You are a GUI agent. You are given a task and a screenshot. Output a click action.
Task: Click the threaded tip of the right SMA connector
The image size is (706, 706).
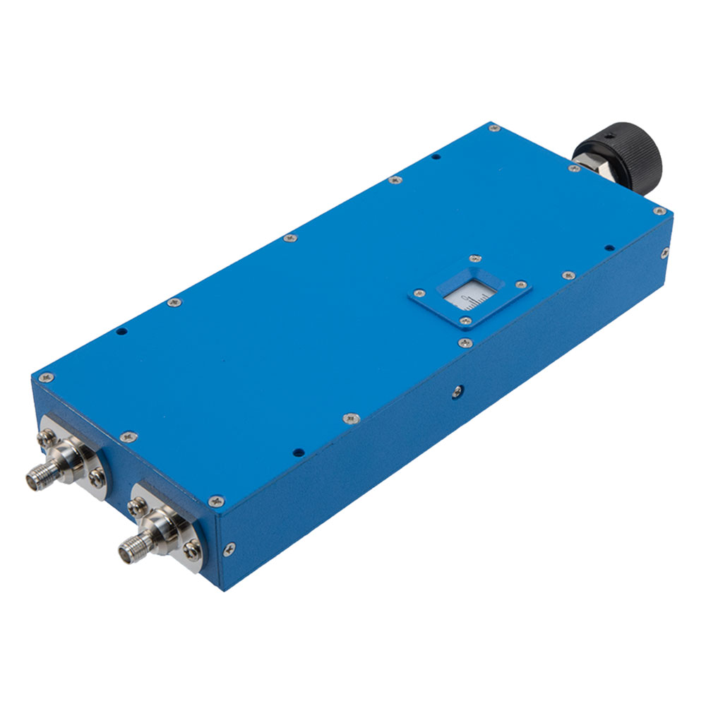click(x=128, y=544)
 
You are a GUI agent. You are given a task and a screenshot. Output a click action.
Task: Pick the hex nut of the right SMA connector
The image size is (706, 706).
click(x=162, y=525)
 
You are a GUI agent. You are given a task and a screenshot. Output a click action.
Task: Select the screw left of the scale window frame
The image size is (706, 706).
click(x=419, y=292)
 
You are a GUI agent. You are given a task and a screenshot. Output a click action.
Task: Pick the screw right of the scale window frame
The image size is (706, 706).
click(x=521, y=285)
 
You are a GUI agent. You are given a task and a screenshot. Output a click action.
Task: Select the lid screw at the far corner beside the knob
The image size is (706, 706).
click(x=659, y=210)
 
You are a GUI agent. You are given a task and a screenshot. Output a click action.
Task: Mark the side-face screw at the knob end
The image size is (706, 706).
click(x=664, y=252)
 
